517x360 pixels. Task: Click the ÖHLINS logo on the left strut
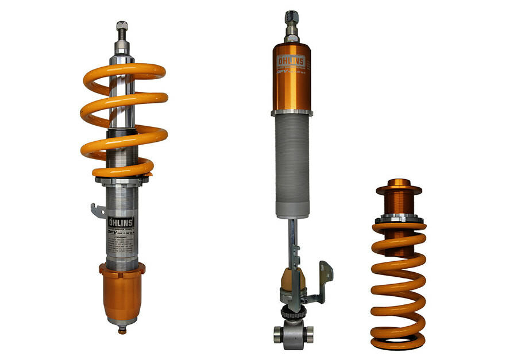click(121, 222)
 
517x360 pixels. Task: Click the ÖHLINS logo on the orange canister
click(291, 61)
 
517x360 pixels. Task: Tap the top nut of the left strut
click(122, 26)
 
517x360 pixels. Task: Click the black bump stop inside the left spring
click(122, 133)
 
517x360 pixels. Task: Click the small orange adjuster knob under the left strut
click(122, 330)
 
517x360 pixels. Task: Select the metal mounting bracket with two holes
click(325, 279)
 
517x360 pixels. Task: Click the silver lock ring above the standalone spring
click(399, 219)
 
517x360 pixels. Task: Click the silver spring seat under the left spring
click(122, 180)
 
